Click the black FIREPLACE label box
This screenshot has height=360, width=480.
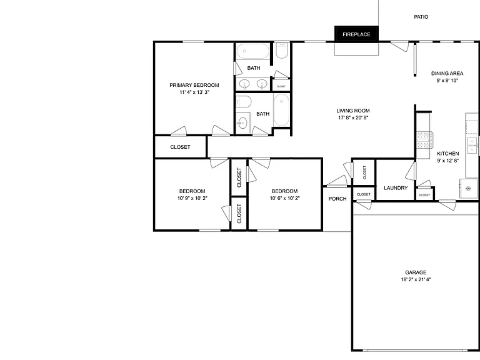click(x=356, y=34)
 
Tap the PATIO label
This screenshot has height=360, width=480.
click(x=421, y=17)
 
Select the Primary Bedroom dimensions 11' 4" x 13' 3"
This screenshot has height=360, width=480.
click(x=194, y=92)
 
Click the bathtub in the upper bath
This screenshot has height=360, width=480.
click(x=253, y=51)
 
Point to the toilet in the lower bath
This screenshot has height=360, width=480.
click(x=244, y=101)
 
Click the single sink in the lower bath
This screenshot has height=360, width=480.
click(x=242, y=123)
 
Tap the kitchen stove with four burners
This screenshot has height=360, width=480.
click(x=424, y=140)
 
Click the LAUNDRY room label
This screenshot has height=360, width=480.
click(x=396, y=188)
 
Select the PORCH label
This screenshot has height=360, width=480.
click(x=337, y=199)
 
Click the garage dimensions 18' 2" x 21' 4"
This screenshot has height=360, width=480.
click(x=416, y=279)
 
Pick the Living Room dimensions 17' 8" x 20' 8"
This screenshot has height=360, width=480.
click(x=353, y=117)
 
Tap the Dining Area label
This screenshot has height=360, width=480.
click(x=447, y=74)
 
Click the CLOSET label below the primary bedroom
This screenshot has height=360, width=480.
click(x=180, y=147)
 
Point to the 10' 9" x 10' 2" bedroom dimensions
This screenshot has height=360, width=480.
click(x=192, y=198)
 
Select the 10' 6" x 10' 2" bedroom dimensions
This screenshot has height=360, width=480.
click(x=284, y=198)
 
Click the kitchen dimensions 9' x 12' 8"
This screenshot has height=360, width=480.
click(x=448, y=161)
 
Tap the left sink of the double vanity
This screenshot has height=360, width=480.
click(x=244, y=84)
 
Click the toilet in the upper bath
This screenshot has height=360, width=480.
click(x=282, y=51)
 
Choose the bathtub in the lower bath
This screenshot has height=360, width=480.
click(x=281, y=110)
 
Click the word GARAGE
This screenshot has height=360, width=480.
click(x=416, y=272)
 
